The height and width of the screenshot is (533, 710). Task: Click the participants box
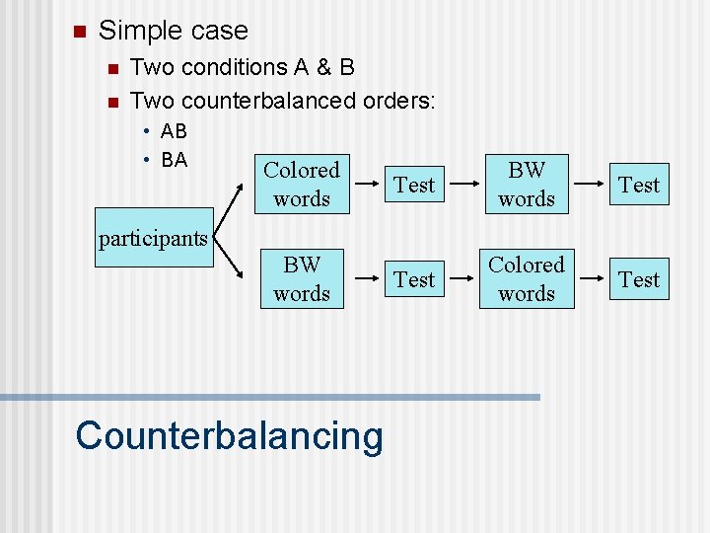pyautogui.click(x=153, y=238)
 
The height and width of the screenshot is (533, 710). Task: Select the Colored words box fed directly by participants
pyautogui.click(x=302, y=185)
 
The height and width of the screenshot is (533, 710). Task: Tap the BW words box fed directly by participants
pyautogui.click(x=302, y=279)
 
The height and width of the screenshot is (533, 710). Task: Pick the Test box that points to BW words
pyautogui.click(x=414, y=185)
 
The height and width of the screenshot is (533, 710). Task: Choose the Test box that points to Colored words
pyautogui.click(x=414, y=279)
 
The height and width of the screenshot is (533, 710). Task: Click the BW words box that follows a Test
pyautogui.click(x=527, y=185)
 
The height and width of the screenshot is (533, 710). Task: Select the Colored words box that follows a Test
pyautogui.click(x=527, y=279)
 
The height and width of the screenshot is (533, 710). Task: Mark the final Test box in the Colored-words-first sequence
pyautogui.click(x=639, y=185)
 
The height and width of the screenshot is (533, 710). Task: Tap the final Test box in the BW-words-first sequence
pyautogui.click(x=639, y=279)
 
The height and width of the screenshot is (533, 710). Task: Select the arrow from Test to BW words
pyautogui.click(x=458, y=185)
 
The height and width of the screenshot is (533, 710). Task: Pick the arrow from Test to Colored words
pyautogui.click(x=458, y=279)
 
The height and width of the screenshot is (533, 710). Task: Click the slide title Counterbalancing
pyautogui.click(x=229, y=435)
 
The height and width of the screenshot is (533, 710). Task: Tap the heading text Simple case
pyautogui.click(x=174, y=31)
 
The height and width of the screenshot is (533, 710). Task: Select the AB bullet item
pyautogui.click(x=174, y=131)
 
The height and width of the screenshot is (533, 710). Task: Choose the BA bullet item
pyautogui.click(x=174, y=159)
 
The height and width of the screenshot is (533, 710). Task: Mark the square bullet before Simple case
pyautogui.click(x=80, y=32)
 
